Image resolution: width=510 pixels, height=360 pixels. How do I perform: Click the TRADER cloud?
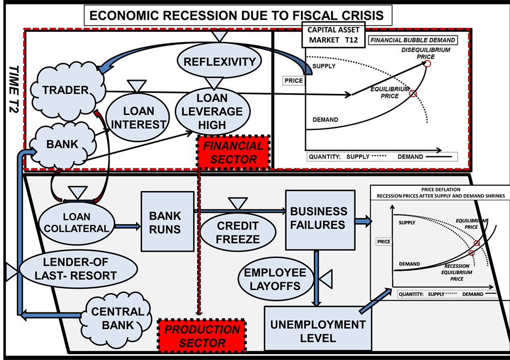click(65, 90)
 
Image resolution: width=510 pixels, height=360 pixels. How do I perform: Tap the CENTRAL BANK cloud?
click(117, 319)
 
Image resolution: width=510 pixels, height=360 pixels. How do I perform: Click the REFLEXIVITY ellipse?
click(219, 61)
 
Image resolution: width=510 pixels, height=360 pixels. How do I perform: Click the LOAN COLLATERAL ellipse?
click(76, 222)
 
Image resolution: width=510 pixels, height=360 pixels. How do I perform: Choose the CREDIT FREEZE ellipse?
click(238, 232)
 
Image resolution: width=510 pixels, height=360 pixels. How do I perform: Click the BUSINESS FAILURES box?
click(319, 219)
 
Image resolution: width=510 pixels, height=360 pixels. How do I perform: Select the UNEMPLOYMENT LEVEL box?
click(318, 331)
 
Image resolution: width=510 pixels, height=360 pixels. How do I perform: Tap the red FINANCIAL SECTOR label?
click(234, 152)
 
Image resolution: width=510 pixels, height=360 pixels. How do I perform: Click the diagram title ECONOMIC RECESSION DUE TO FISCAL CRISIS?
click(238, 15)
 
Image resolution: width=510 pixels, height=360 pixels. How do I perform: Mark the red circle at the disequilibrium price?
click(427, 63)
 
